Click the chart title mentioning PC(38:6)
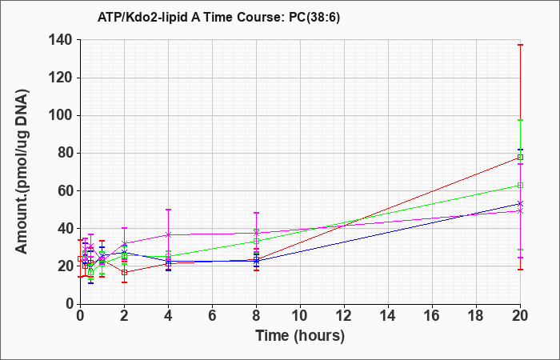click(x=218, y=18)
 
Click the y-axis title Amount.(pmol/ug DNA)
click(x=22, y=171)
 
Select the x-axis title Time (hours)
click(x=300, y=336)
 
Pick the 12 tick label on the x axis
click(x=344, y=316)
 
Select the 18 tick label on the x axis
click(x=476, y=316)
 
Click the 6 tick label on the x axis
click(x=212, y=316)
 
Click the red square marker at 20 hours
click(x=520, y=157)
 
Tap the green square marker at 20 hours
click(x=520, y=185)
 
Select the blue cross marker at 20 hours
click(x=520, y=203)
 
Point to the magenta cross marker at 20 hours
click(x=520, y=211)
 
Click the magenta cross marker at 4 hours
click(x=168, y=234)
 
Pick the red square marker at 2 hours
click(x=124, y=273)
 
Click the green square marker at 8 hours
click(x=256, y=242)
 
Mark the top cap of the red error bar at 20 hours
click(x=520, y=45)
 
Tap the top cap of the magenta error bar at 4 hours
click(x=168, y=210)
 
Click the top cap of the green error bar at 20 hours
click(x=520, y=120)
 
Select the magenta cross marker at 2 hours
click(x=124, y=243)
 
